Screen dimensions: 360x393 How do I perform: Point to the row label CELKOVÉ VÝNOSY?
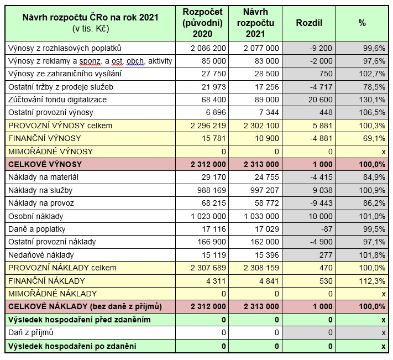[45, 164]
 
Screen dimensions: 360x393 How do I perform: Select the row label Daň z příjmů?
[32, 332]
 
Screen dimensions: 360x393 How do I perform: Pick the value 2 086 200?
[207, 48]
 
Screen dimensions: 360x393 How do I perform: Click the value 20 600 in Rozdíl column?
[317, 100]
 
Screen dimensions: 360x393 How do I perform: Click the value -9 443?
[318, 203]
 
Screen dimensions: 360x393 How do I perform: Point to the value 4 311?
[216, 280]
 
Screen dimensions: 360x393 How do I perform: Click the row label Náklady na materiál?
[44, 177]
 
